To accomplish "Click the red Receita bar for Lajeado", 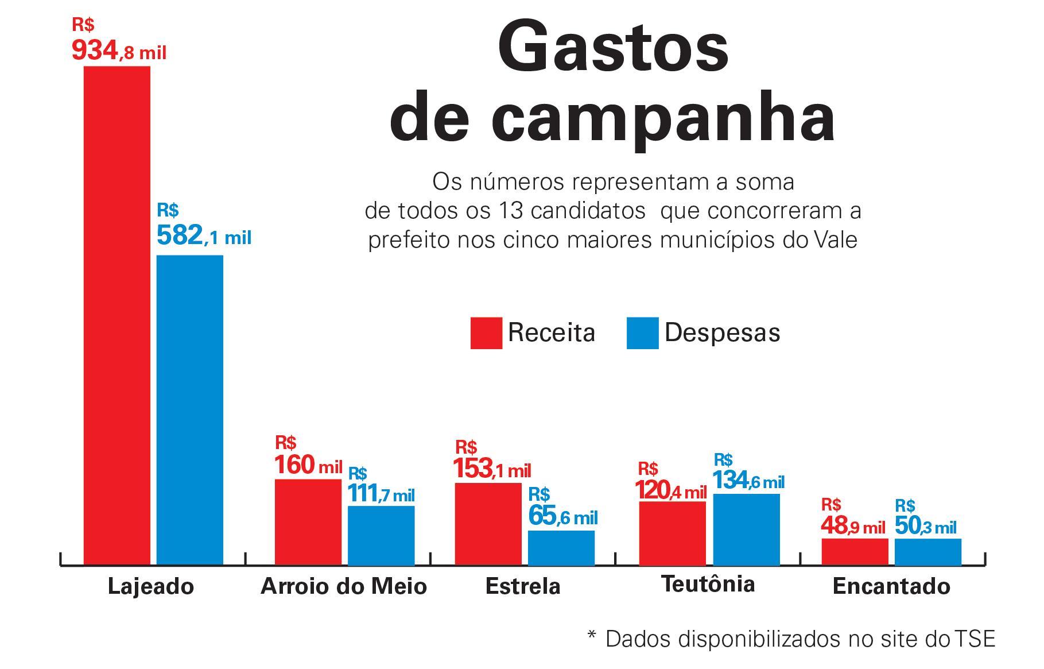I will point(117,316).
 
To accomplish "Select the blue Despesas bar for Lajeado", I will point(190,410).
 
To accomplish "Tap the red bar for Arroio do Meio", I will point(308,522).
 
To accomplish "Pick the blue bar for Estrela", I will point(561,548).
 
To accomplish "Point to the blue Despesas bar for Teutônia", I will point(746,529).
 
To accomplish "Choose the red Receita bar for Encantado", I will point(855,552).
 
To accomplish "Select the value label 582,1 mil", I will point(204,235).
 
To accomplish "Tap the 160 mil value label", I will point(308,465).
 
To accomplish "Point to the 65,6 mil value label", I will point(563,516).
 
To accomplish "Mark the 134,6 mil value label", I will point(748,481).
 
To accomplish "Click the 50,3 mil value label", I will point(925,527).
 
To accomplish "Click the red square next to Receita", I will point(486,333).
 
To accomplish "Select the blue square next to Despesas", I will point(642,333).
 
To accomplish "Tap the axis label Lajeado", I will point(151,586).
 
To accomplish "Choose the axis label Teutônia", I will point(708,584).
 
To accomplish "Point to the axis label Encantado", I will point(891,586).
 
